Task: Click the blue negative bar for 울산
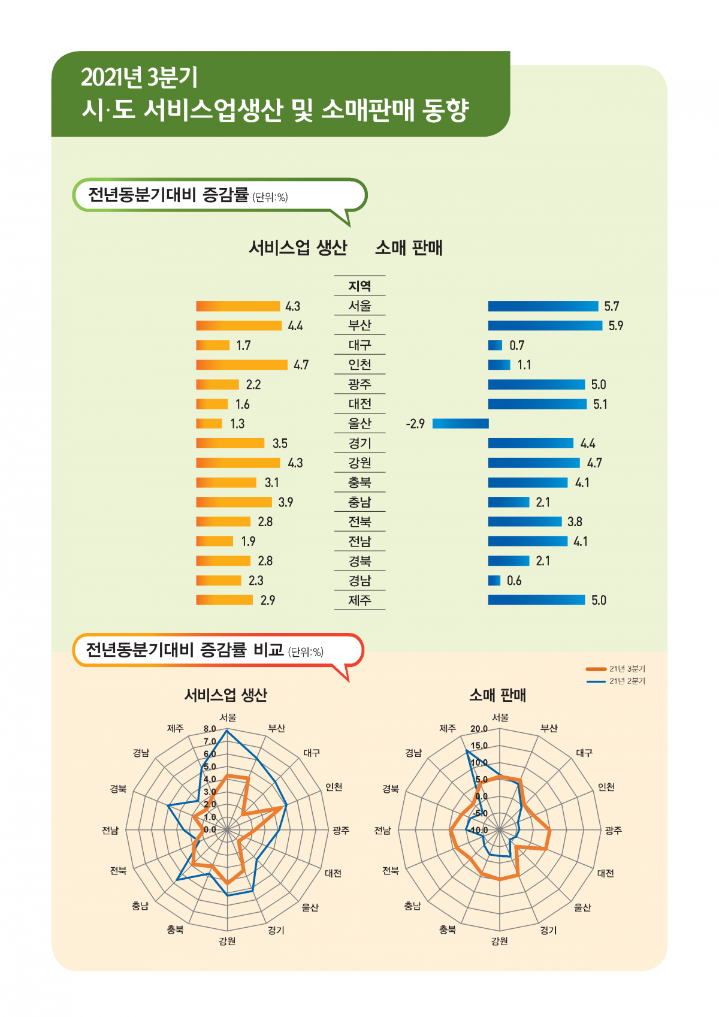(460, 424)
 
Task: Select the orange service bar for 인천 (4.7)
(241, 365)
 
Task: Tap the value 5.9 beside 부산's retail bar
(616, 326)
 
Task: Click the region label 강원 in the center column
(359, 463)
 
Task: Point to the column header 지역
(359, 286)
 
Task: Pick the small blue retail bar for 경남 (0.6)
(494, 581)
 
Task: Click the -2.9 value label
(415, 424)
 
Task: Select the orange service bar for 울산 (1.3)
(209, 424)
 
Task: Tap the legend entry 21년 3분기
(627, 669)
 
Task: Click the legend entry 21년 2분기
(627, 681)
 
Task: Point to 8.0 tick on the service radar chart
(210, 729)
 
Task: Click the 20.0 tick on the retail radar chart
(479, 729)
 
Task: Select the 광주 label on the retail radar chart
(613, 831)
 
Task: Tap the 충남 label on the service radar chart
(140, 906)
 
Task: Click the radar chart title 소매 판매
(497, 695)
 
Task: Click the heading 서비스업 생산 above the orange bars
(298, 248)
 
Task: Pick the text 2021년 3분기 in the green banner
(139, 77)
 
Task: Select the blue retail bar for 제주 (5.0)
(536, 600)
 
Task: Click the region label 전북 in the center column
(359, 521)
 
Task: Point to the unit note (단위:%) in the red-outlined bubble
(306, 652)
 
